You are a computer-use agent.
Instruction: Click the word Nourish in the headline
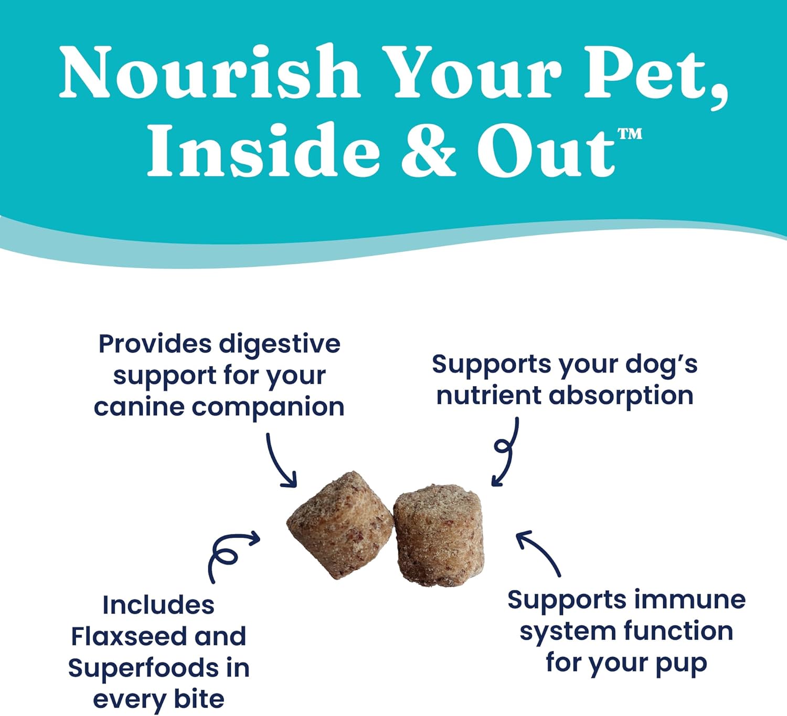coord(209,72)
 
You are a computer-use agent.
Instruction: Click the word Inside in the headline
coord(263,149)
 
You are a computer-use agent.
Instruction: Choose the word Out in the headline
coord(546,152)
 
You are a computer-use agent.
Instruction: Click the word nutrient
coord(489,396)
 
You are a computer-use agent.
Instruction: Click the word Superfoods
coord(143,668)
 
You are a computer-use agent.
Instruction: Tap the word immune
coord(690,600)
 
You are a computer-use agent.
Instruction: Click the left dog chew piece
coord(340,525)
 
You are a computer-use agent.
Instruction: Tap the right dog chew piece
coord(439,536)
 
